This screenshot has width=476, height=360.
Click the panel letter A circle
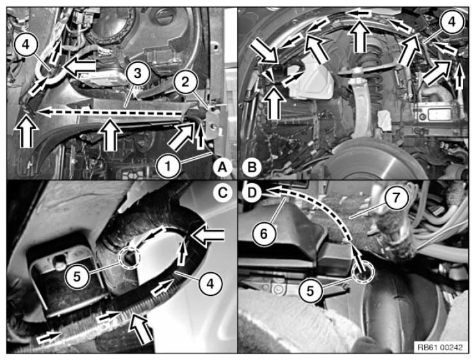(x=223, y=167)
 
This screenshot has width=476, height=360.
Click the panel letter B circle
(x=252, y=167)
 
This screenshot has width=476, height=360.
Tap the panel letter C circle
(x=223, y=193)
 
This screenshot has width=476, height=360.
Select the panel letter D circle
(x=252, y=193)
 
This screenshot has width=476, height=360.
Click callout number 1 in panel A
(x=168, y=167)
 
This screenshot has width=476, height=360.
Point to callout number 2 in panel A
(x=186, y=81)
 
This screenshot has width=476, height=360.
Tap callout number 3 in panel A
(x=138, y=73)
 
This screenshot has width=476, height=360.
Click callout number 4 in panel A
(x=26, y=44)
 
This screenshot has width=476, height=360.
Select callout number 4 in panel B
(x=452, y=22)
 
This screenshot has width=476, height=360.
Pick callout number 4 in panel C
(x=210, y=284)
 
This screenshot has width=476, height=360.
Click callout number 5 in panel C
(x=77, y=277)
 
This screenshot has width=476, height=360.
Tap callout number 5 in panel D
(x=310, y=291)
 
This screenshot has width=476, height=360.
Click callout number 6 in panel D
(x=264, y=234)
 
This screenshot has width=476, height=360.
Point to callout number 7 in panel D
(x=396, y=198)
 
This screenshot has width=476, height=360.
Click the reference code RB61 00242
(x=441, y=347)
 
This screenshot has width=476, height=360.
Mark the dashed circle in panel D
(x=364, y=272)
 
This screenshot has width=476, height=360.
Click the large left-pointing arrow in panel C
(x=208, y=234)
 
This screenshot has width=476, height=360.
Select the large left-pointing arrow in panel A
(x=79, y=66)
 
